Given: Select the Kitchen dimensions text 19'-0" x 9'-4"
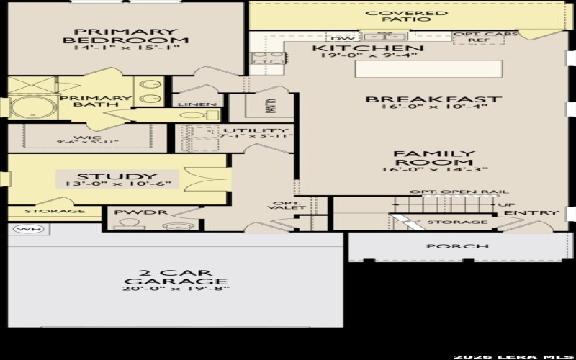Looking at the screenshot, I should tap(367, 56).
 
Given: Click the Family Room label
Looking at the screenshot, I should tap(433, 158).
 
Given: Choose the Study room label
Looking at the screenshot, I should tap(117, 177).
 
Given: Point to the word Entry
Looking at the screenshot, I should tap(531, 213).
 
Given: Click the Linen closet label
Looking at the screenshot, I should tap(192, 104).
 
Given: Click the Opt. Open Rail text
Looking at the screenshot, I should tap(459, 192).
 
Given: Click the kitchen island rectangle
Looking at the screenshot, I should tap(428, 69).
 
